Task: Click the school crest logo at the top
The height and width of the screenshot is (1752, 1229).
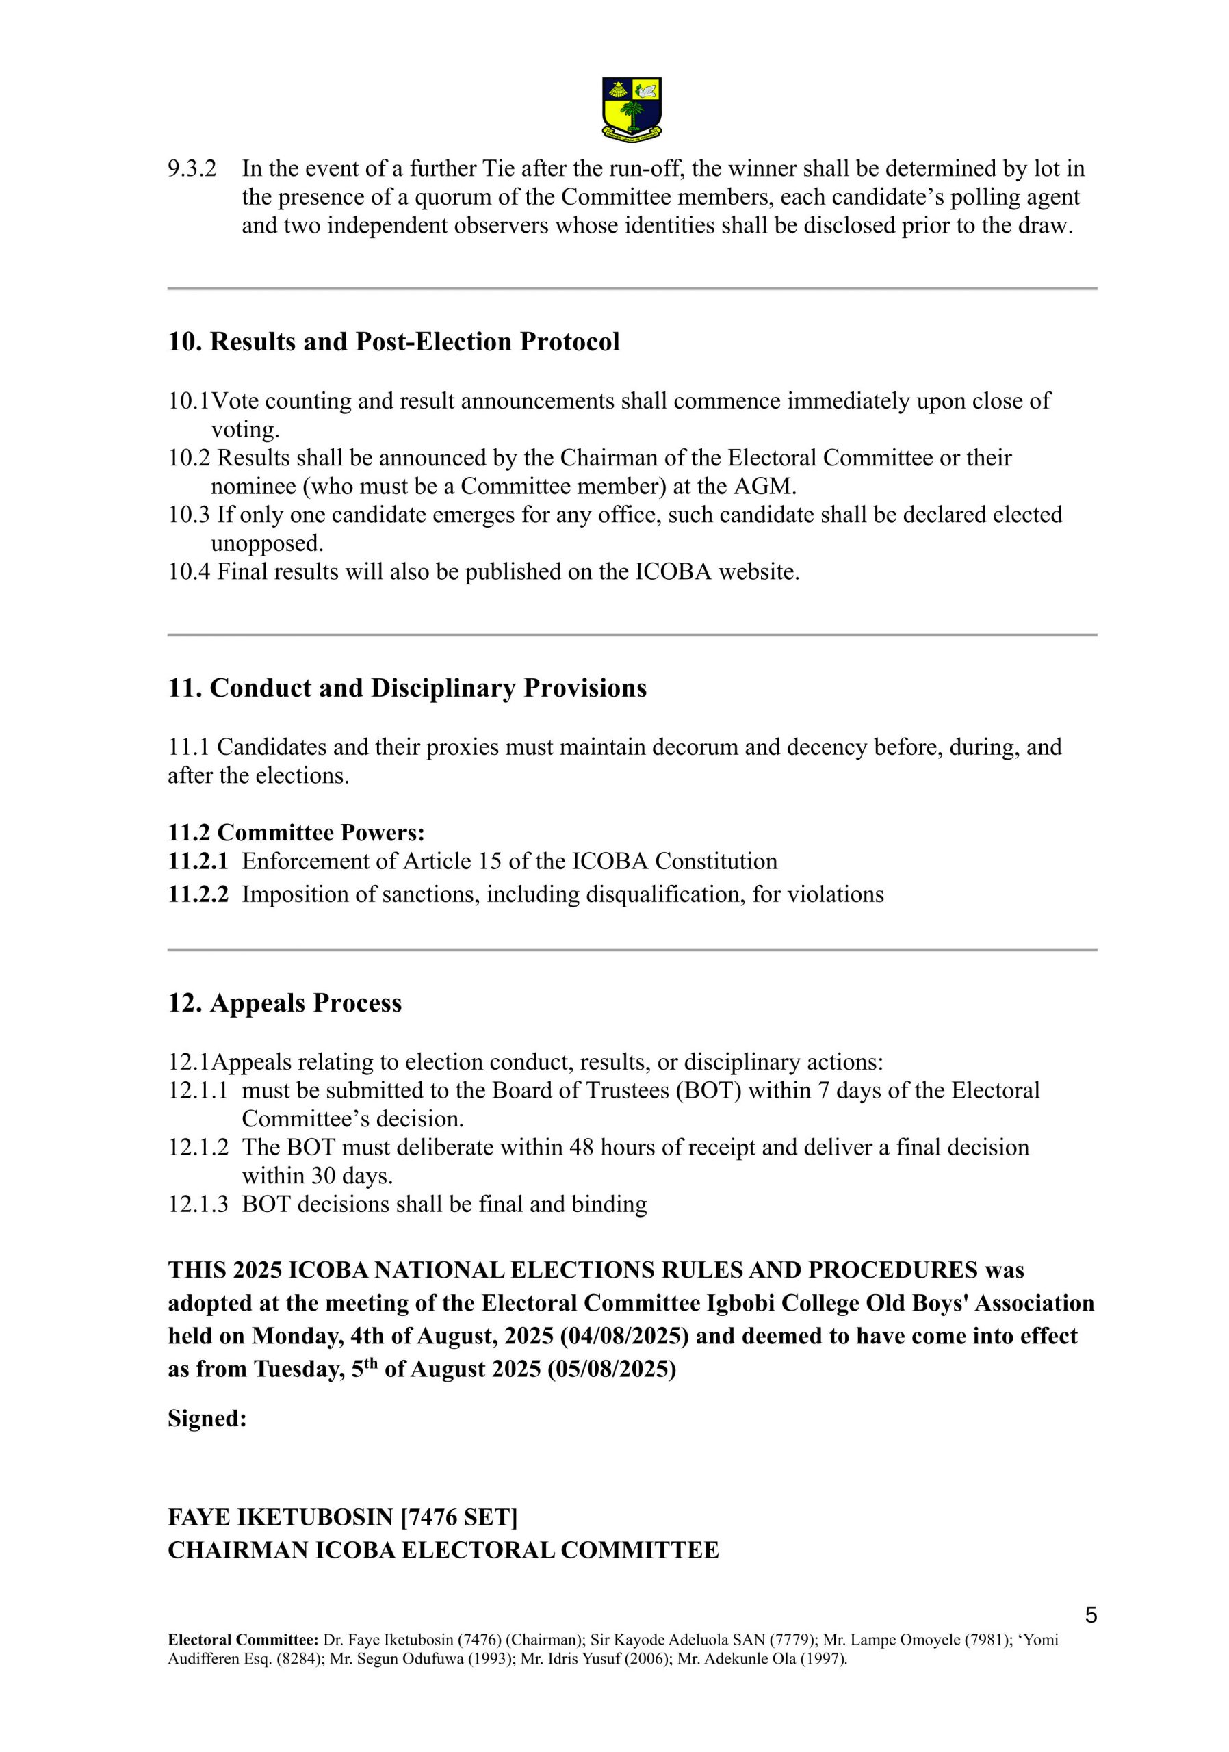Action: [x=631, y=108]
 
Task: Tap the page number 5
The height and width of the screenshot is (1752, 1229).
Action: [x=1090, y=1614]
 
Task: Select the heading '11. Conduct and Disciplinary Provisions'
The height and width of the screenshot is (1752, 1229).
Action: [x=406, y=688]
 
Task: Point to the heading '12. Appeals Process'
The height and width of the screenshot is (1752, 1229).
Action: [x=285, y=1002]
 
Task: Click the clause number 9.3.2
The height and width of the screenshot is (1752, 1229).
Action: [x=192, y=168]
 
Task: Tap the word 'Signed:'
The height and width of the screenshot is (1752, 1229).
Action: [x=207, y=1418]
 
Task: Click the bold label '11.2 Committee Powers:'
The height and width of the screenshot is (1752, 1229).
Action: [x=296, y=832]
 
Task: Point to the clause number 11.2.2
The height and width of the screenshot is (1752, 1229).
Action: [x=198, y=894]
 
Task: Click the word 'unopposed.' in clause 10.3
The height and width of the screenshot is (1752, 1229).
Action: [x=267, y=543]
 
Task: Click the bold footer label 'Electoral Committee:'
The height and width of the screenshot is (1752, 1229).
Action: [x=244, y=1639]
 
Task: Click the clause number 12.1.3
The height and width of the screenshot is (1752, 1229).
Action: [x=198, y=1203]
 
